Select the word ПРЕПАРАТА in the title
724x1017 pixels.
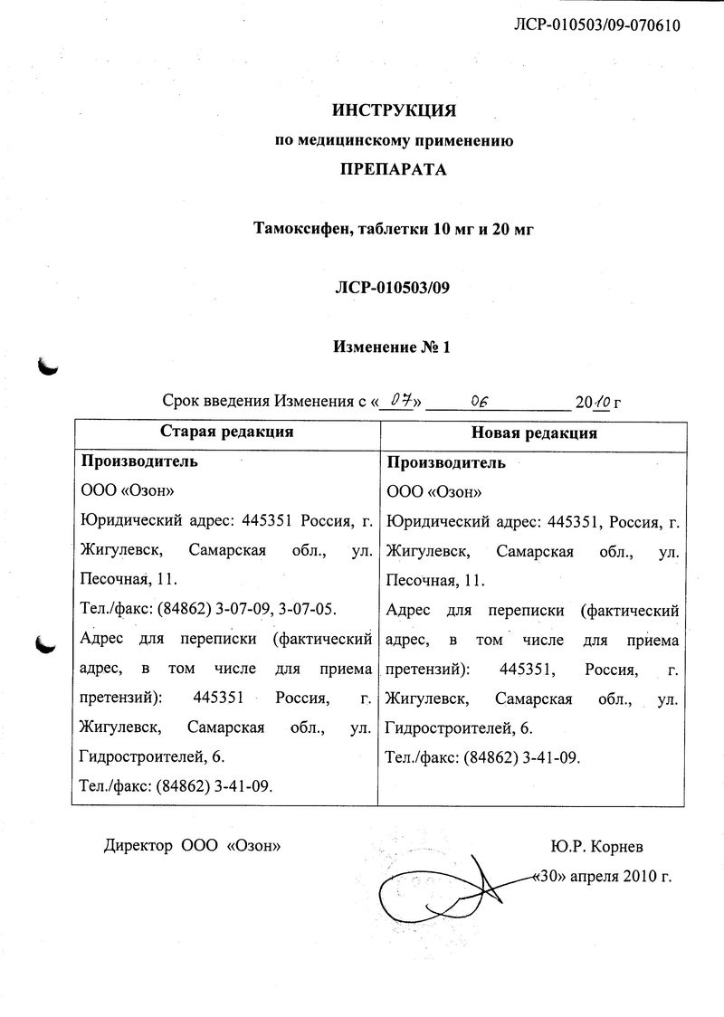tap(393, 169)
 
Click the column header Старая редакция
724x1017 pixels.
tap(226, 432)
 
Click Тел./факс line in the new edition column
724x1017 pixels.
tap(482, 757)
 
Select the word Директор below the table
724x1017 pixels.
tap(138, 846)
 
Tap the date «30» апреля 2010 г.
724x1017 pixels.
tap(603, 877)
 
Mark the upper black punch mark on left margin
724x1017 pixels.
tap(46, 365)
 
